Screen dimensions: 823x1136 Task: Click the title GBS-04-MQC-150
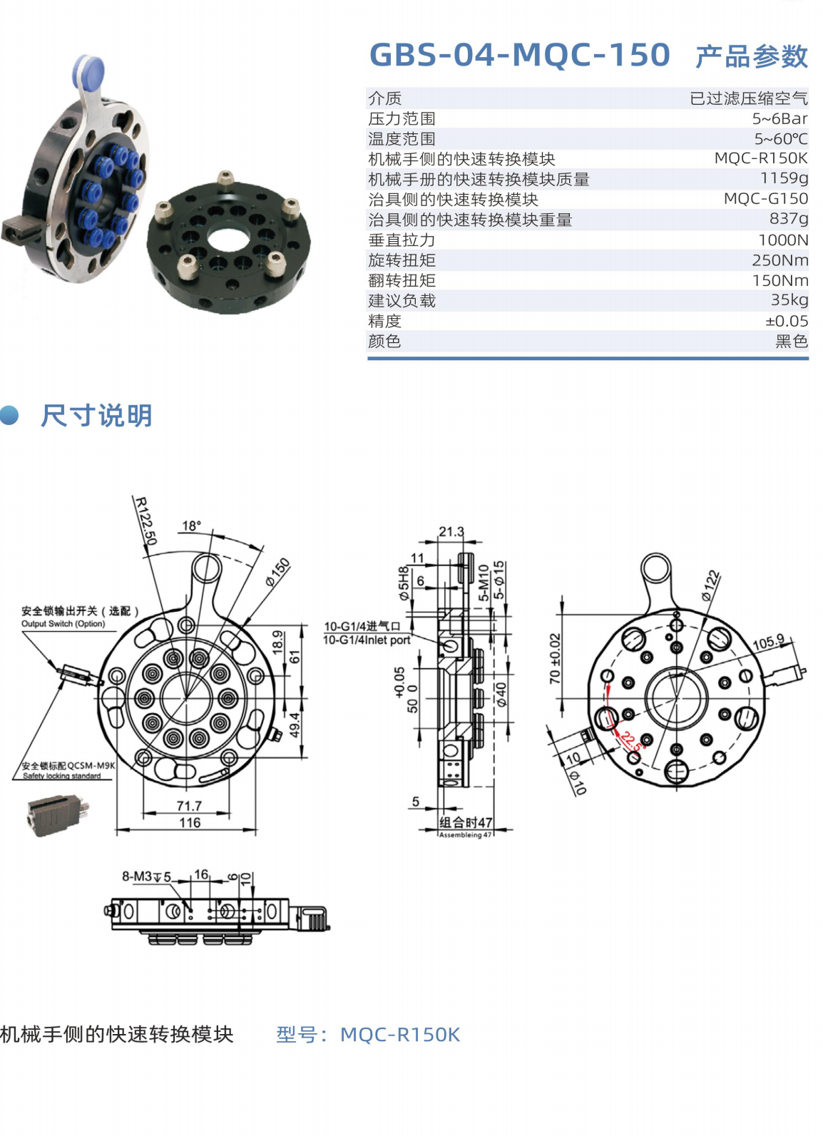520,55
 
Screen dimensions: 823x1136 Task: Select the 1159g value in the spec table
784,178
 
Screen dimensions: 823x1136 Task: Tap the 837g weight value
789,219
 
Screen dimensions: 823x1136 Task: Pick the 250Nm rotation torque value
780,260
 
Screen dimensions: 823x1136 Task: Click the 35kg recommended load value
789,300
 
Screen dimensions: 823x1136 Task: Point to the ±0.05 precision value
787,320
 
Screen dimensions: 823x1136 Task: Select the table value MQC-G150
766,198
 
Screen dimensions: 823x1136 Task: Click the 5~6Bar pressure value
780,118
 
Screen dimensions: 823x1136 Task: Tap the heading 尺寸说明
96,415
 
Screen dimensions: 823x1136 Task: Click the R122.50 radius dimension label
146,521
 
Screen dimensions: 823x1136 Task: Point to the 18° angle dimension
192,526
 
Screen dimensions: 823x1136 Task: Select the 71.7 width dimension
189,805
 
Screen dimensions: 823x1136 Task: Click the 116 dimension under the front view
190,822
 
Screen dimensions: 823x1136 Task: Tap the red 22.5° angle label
632,742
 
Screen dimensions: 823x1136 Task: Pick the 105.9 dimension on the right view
768,643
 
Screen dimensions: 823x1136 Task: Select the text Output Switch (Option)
63,623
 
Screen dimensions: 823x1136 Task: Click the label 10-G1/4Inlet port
367,640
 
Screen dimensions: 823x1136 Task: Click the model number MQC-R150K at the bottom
400,1035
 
